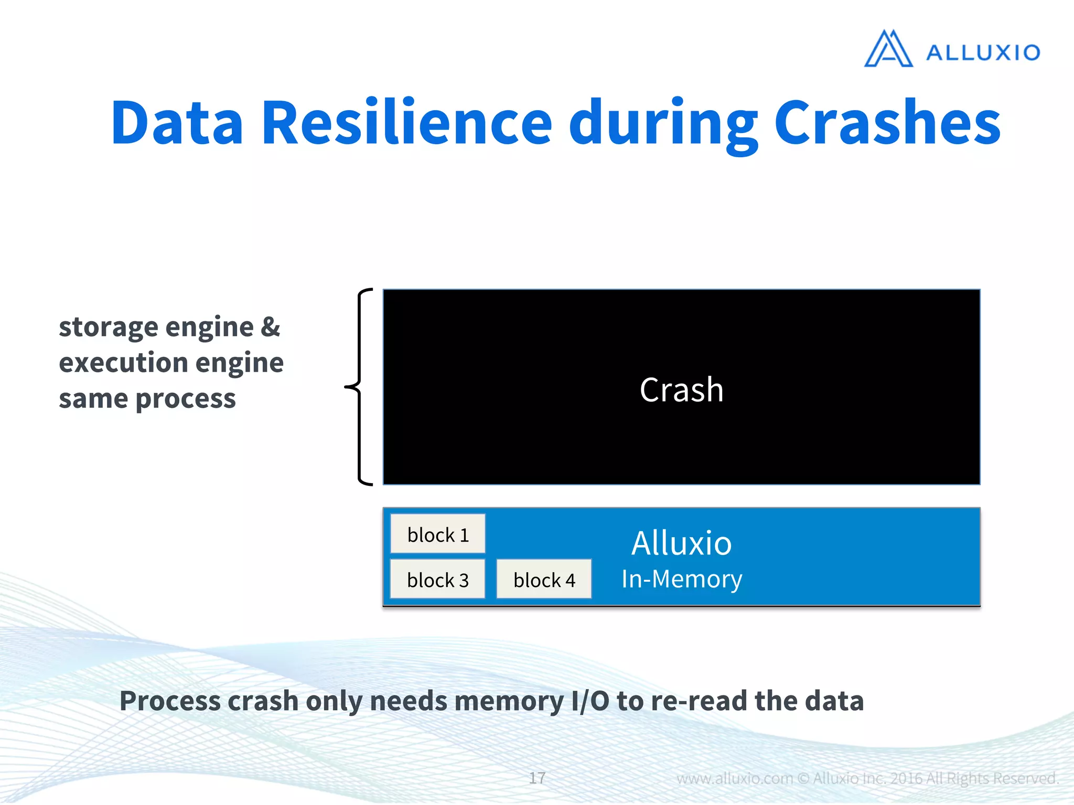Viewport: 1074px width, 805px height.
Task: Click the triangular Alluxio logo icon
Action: coord(888,50)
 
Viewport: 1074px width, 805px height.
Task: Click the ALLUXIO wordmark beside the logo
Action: coord(983,53)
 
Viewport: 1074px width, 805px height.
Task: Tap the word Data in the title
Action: coord(177,123)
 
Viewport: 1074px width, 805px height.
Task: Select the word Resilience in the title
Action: coord(406,123)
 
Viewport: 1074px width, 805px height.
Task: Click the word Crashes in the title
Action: coord(887,123)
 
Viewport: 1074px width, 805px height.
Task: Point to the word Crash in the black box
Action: coord(681,390)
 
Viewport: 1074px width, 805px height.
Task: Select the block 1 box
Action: coord(438,535)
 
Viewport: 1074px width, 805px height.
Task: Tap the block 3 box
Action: coord(438,580)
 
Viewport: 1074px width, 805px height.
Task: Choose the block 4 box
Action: coord(544,580)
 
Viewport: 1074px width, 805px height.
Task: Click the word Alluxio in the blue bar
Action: coord(681,543)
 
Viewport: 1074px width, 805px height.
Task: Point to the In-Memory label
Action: coord(681,579)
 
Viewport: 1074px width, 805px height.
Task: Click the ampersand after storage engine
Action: coord(270,327)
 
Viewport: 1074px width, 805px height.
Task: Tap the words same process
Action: coord(147,399)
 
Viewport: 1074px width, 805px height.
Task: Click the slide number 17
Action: coord(536,778)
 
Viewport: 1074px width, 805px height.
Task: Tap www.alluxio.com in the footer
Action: coord(734,778)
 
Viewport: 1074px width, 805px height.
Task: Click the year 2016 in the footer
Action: coord(906,778)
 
